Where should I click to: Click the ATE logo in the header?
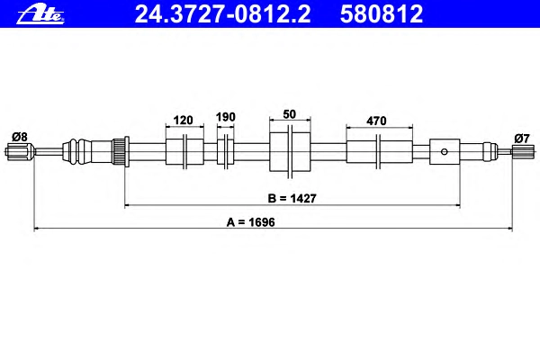(40, 13)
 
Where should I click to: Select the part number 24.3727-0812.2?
(222, 14)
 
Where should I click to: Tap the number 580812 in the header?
(382, 14)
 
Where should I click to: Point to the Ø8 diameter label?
(19, 137)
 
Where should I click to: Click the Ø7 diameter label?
(522, 139)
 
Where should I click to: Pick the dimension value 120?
(183, 121)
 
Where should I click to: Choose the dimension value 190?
(226, 117)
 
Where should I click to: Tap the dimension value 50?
(289, 114)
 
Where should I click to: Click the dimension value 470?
(376, 121)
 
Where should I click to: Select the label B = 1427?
(292, 198)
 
